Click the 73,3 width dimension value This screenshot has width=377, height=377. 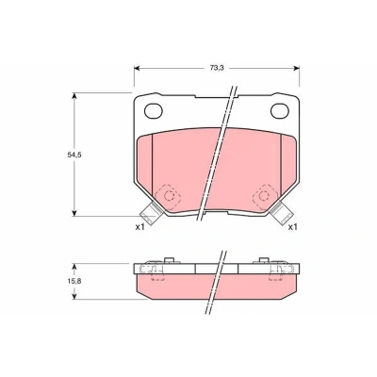(217, 69)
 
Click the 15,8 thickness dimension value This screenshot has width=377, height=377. (74, 281)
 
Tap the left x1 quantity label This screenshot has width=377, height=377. (139, 227)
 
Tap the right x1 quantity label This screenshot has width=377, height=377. (293, 227)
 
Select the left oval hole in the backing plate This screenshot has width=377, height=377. (154, 111)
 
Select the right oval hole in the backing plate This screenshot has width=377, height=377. (280, 111)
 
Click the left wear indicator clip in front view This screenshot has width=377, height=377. (151, 213)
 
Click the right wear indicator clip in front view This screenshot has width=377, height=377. (282, 213)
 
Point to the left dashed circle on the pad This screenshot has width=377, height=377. (169, 196)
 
